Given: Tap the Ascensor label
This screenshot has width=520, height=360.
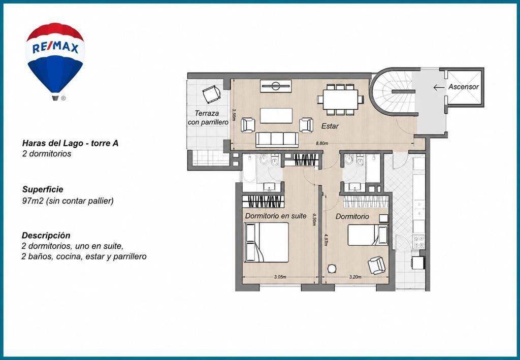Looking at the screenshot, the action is click(463, 87).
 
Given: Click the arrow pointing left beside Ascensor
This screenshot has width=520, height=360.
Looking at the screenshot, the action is click(439, 87).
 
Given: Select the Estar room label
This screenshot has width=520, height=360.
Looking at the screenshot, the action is click(330, 126).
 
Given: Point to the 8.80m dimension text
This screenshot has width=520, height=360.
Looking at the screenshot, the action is click(322, 144).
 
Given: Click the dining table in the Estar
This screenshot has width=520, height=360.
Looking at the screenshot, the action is click(340, 100).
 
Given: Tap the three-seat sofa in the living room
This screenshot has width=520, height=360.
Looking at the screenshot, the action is click(277, 139).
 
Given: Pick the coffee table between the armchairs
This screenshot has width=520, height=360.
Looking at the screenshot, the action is click(276, 116).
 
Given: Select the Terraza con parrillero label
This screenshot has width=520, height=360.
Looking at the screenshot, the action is click(208, 117).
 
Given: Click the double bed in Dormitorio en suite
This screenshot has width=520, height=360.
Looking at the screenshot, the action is click(266, 242).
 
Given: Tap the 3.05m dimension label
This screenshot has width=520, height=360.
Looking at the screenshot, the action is click(280, 277).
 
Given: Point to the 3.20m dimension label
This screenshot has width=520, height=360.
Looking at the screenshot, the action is click(355, 277).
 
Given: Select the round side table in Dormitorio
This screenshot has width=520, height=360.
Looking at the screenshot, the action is click(332, 269).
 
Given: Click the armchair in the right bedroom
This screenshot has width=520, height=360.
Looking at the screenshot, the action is click(377, 265).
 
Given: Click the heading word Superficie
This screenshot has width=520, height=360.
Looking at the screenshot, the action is click(43, 189).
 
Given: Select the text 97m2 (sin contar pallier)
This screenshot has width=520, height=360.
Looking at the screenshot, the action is click(68, 201).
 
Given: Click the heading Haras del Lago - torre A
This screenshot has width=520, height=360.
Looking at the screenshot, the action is click(70, 143).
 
